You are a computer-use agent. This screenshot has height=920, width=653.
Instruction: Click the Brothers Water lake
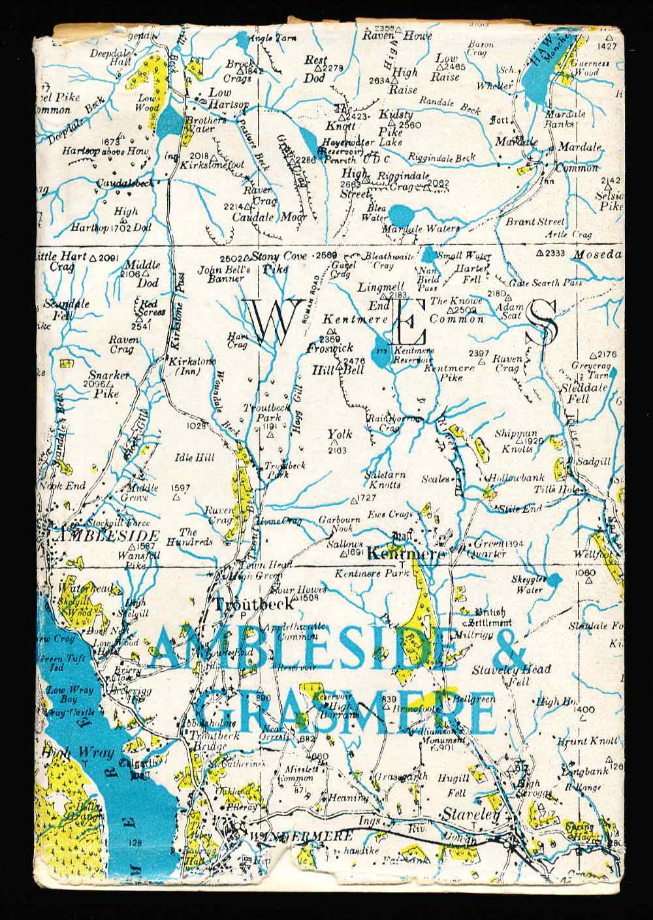170,120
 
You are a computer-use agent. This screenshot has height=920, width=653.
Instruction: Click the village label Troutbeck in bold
246,603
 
